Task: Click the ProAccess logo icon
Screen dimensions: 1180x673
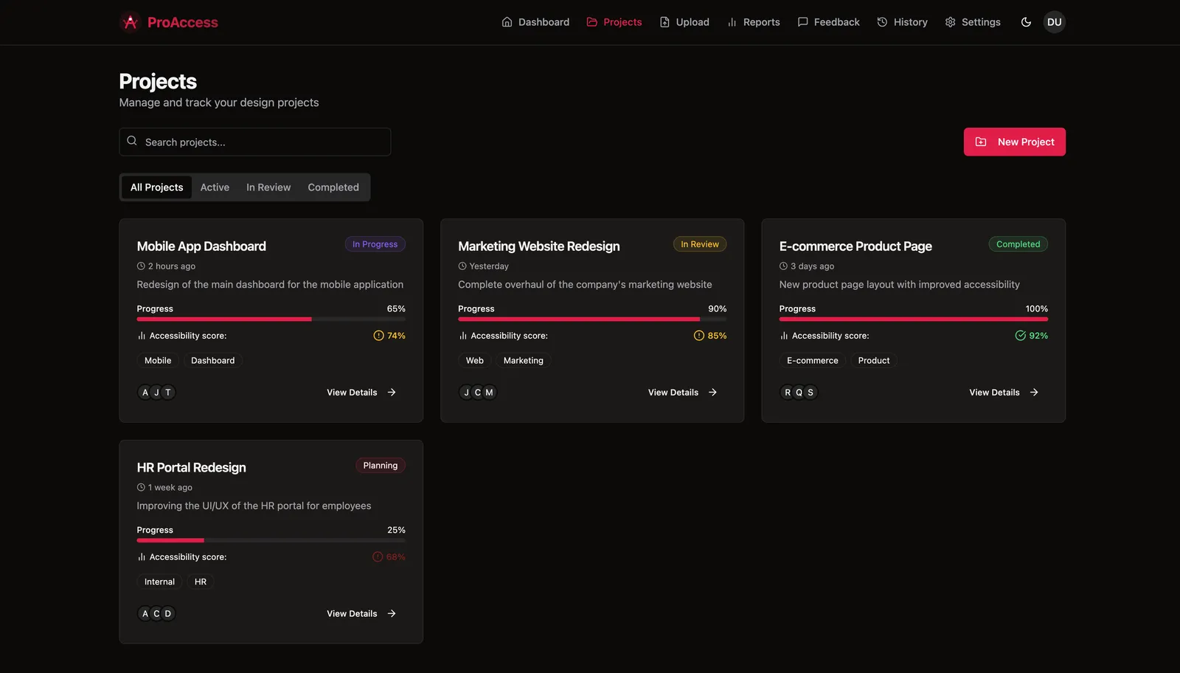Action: coord(130,22)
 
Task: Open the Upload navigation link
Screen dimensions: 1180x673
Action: coord(684,22)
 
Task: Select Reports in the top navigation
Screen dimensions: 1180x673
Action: coord(753,22)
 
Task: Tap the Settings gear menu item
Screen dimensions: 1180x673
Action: coord(973,22)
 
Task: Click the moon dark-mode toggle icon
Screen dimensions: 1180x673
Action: coord(1026,22)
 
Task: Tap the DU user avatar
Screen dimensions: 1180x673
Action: coord(1054,22)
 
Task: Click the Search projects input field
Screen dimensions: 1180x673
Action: coord(255,142)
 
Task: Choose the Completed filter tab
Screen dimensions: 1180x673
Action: coord(333,187)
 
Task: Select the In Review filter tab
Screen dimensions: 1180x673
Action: coord(268,187)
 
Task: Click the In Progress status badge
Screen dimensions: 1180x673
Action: coord(375,244)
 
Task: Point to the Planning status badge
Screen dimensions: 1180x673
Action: coord(381,466)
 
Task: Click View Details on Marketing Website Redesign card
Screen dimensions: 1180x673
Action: coord(682,392)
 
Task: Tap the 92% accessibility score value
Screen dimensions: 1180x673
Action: coord(1038,336)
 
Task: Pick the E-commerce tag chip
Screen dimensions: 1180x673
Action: coord(812,360)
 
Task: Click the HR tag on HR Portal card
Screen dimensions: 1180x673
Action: coord(200,581)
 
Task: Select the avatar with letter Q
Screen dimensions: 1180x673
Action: coord(799,392)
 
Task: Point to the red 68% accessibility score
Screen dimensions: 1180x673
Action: coord(395,557)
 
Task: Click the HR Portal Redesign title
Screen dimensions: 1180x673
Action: coord(191,467)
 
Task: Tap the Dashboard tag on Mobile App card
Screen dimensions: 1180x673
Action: coord(213,360)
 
